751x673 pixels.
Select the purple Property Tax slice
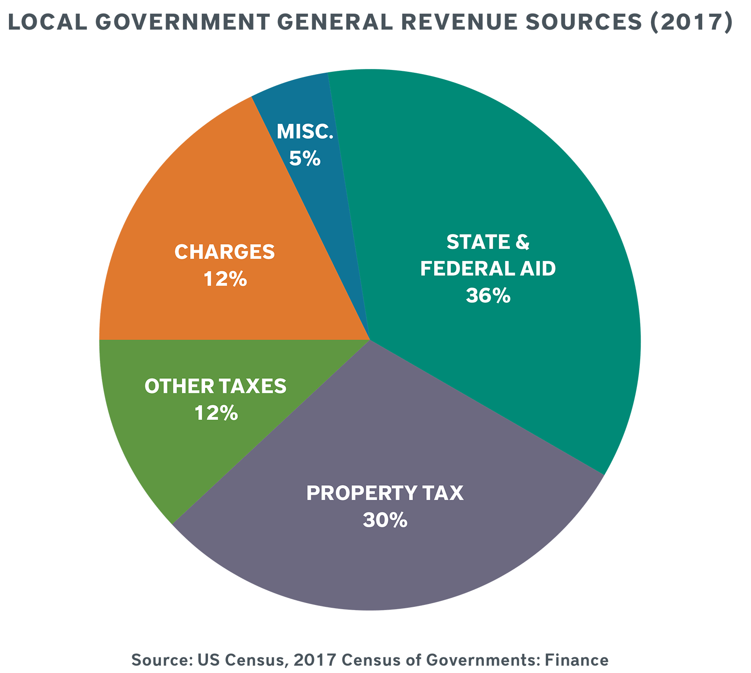point(375,563)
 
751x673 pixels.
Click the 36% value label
point(488,296)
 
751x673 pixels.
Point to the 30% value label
point(384,520)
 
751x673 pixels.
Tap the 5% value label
point(305,159)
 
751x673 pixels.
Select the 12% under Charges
point(225,280)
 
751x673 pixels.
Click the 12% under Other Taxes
point(216,413)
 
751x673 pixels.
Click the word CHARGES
point(224,252)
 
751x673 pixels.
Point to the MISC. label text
point(305,131)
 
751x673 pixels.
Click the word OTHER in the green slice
point(172,386)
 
